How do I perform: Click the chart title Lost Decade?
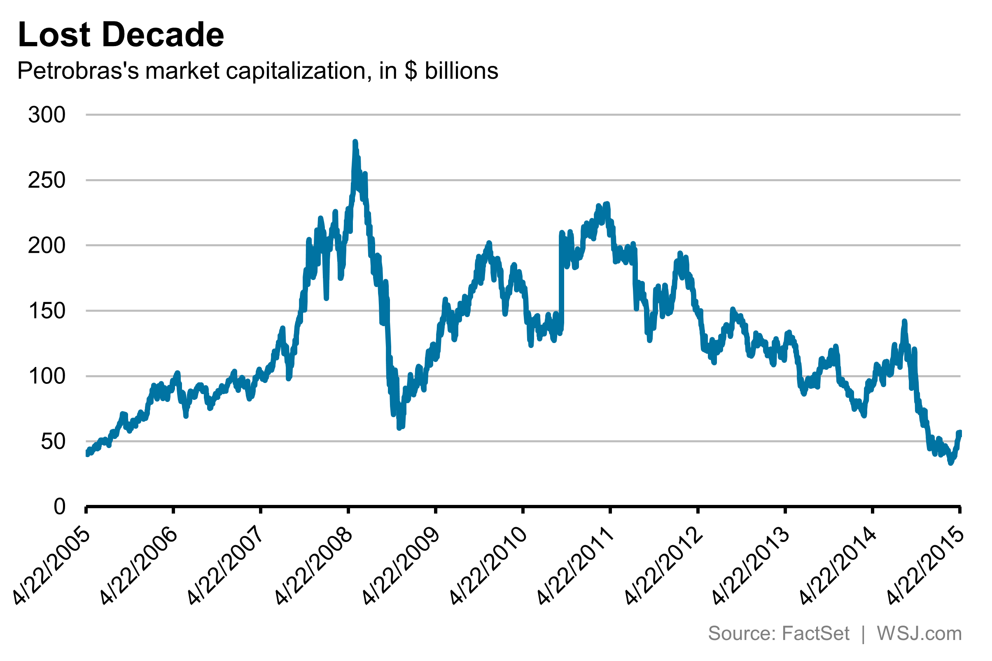coord(121,35)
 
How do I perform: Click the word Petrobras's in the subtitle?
coord(78,70)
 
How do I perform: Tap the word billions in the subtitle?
coord(462,70)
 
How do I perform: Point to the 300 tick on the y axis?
coord(47,114)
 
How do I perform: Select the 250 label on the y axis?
coord(47,180)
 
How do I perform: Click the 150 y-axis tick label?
coord(47,311)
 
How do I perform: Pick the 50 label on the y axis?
coord(53,442)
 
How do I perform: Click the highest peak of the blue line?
coord(355,142)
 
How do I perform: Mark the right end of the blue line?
coord(960,432)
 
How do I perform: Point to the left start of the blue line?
coord(87,453)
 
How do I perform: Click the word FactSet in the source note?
coord(815,633)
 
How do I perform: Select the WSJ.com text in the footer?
coord(919,633)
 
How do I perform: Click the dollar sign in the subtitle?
coord(411,70)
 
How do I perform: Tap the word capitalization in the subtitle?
coord(299,70)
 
